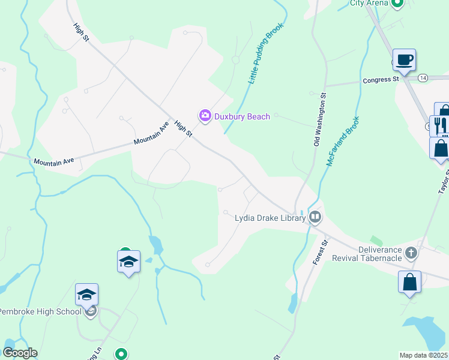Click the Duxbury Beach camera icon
click(205, 115)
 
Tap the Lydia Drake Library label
click(270, 218)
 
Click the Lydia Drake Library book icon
click(316, 218)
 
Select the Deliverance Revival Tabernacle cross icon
click(411, 252)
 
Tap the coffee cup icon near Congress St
click(404, 60)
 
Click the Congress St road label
click(380, 79)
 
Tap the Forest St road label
click(319, 253)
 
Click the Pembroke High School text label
click(40, 311)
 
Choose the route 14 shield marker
click(423, 78)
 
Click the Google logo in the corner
click(20, 353)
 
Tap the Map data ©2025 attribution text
click(423, 355)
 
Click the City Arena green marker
click(397, 3)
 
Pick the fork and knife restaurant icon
click(440, 125)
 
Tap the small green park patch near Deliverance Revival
click(376, 241)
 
